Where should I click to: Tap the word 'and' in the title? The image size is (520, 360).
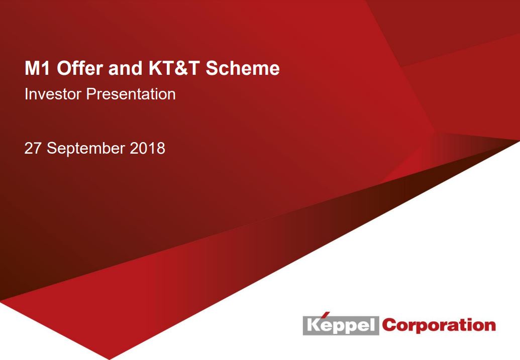[x=125, y=68]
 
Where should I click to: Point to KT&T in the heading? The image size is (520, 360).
[x=174, y=68]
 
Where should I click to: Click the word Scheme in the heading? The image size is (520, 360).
[x=243, y=68]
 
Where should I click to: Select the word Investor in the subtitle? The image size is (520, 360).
[x=53, y=94]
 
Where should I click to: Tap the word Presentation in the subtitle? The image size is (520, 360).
[x=131, y=94]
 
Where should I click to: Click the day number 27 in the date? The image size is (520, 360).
[x=33, y=148]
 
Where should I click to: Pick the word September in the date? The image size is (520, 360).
[x=86, y=149]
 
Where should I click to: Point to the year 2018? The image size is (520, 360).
[x=148, y=148]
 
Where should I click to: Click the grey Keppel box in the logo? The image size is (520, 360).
[x=341, y=325]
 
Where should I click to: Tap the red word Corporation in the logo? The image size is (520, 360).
[x=439, y=325]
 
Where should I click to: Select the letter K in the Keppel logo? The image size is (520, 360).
[x=314, y=325]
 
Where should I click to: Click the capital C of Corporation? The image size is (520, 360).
[x=389, y=325]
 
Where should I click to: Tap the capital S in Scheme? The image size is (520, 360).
[x=212, y=68]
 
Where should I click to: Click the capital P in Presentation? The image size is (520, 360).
[x=91, y=94]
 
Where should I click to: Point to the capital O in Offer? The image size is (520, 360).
[x=64, y=68]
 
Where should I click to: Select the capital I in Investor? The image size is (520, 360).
[x=26, y=94]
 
